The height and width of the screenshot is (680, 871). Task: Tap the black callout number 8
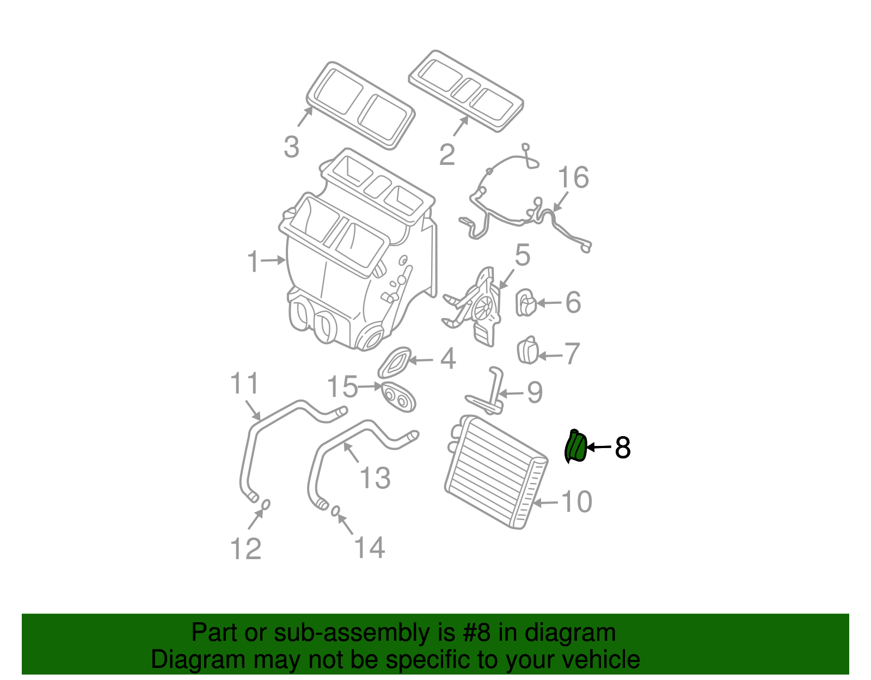tap(622, 448)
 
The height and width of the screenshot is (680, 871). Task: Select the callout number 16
tap(574, 177)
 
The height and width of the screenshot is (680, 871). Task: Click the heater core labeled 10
tap(495, 471)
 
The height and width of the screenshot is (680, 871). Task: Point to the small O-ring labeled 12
tap(266, 504)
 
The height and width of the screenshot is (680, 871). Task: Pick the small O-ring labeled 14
tap(336, 510)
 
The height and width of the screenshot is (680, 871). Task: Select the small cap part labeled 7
tap(527, 351)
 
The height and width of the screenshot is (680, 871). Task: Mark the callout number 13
tap(375, 477)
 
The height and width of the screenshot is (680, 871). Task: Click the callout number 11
tap(244, 384)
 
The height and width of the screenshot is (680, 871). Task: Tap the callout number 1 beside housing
tap(254, 262)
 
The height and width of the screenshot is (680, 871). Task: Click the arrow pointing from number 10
tap(545, 503)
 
